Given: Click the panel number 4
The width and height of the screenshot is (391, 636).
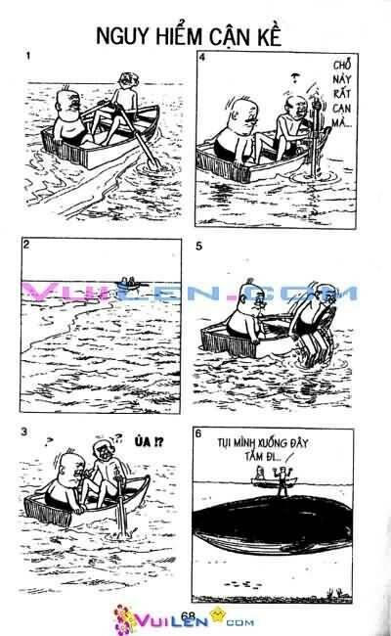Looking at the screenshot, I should click(x=202, y=60).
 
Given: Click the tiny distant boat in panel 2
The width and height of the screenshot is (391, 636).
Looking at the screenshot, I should click(x=128, y=282).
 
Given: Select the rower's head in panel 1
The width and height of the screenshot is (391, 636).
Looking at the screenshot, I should click(x=125, y=80).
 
